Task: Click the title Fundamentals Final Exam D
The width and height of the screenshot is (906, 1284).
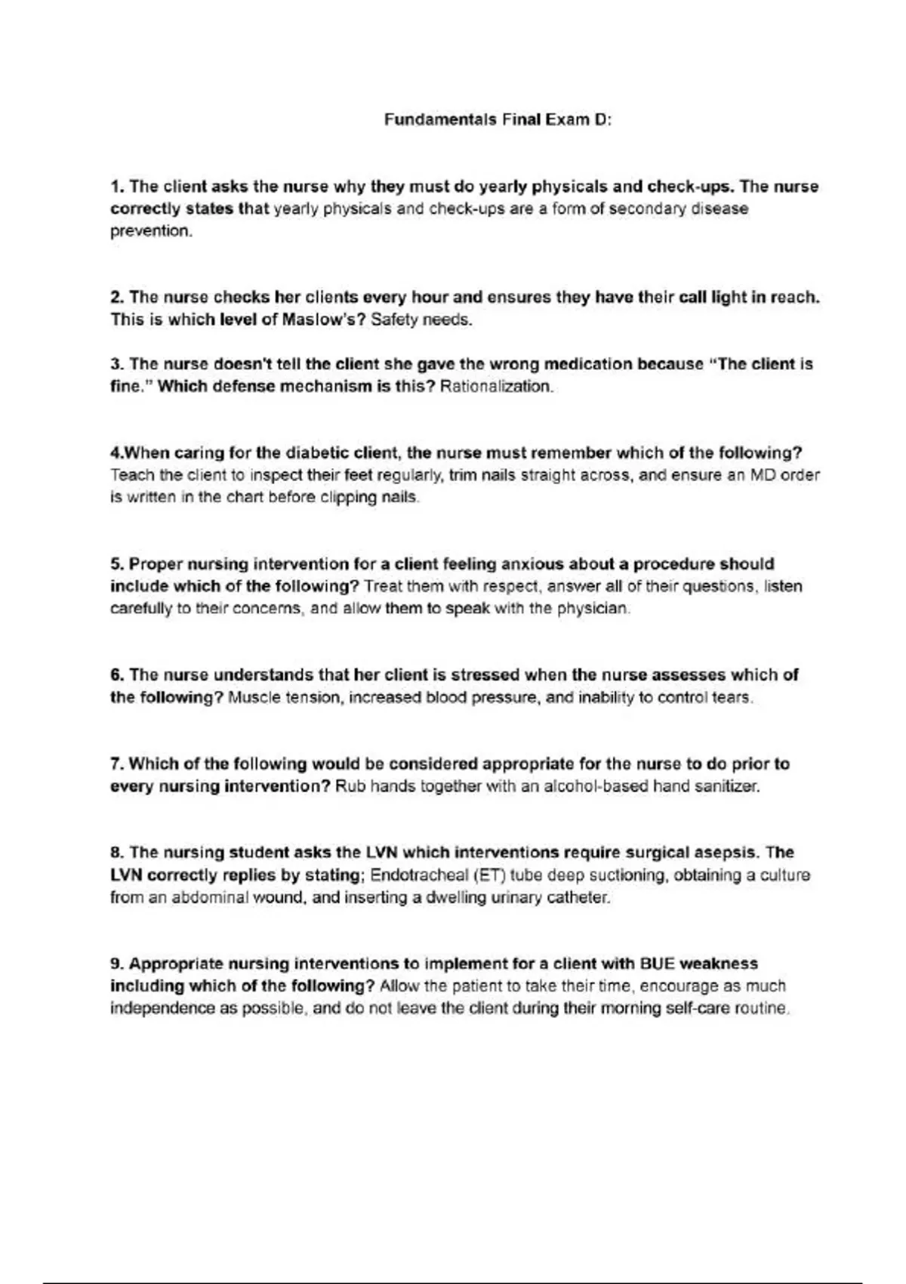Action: click(x=497, y=119)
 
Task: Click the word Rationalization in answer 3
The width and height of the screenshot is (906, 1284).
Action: click(x=496, y=387)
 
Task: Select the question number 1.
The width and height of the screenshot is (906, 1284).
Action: click(x=116, y=187)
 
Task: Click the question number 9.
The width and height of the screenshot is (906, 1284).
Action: click(x=116, y=964)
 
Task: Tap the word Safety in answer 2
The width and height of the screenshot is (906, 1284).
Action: click(x=394, y=319)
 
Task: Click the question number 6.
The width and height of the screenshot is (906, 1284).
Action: click(x=116, y=675)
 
